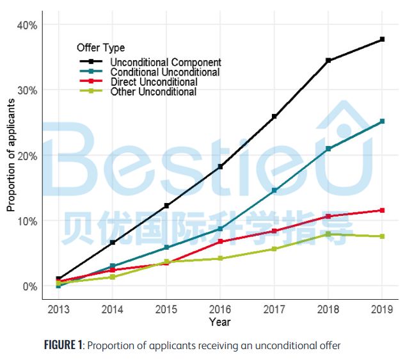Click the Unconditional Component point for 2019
pyautogui.click(x=382, y=40)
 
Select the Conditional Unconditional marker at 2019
pyautogui.click(x=382, y=121)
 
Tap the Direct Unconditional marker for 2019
pyautogui.click(x=382, y=210)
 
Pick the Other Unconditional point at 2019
pyautogui.click(x=382, y=236)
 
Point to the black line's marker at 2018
pyautogui.click(x=328, y=61)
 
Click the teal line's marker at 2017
pyautogui.click(x=274, y=190)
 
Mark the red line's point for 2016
pyautogui.click(x=220, y=241)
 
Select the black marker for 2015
pyautogui.click(x=166, y=206)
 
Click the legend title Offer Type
pyautogui.click(x=100, y=48)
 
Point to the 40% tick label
pyautogui.click(x=27, y=25)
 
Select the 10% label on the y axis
pyautogui.click(x=27, y=221)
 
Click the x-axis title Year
pyautogui.click(x=219, y=322)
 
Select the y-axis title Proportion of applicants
pyautogui.click(x=11, y=155)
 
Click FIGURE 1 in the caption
pyautogui.click(x=63, y=346)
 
